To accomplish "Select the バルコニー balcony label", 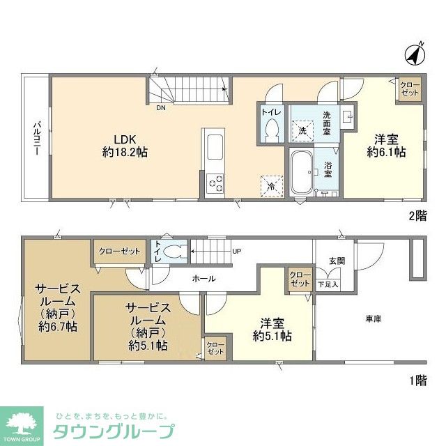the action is tap(37, 139).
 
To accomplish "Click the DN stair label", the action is tap(161, 108).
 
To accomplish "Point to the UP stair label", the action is tap(237, 252).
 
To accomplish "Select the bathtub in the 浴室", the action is tap(302, 172).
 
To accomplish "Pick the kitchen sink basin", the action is tap(215, 147).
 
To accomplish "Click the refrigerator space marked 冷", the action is tap(272, 187).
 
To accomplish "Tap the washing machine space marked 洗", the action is tap(302, 131).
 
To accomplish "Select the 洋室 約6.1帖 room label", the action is tap(386, 146).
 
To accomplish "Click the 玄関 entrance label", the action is tap(337, 261).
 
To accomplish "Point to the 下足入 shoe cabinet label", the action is tap(328, 284).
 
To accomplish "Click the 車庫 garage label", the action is tap(374, 319).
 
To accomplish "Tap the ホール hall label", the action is tap(204, 279).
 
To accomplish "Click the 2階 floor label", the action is tap(417, 216).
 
